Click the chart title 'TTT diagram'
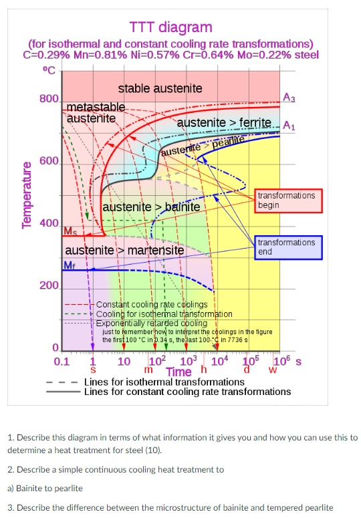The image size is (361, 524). click(x=170, y=27)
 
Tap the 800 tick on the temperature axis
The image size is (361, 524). click(x=49, y=99)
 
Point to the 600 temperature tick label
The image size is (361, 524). click(x=49, y=161)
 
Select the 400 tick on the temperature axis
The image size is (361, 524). click(x=49, y=223)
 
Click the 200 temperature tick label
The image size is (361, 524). click(x=49, y=286)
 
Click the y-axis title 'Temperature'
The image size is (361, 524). click(x=28, y=194)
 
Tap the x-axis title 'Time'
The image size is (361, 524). click(x=179, y=372)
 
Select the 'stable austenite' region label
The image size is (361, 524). click(x=160, y=88)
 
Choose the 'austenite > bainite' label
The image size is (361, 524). click(x=151, y=207)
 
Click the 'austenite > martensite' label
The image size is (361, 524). click(x=124, y=251)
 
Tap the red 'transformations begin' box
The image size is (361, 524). click(x=286, y=200)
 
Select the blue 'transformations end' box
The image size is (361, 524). click(x=286, y=247)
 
